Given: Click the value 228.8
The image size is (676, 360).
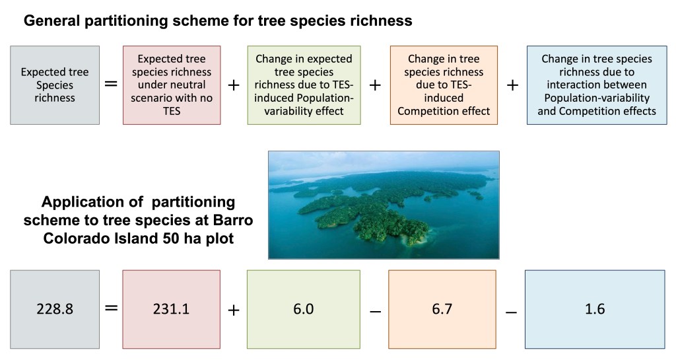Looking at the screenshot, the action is [x=55, y=309].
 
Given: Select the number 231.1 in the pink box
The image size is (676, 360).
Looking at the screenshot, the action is [x=171, y=309].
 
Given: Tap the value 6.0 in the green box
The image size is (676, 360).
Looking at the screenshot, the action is [x=304, y=309].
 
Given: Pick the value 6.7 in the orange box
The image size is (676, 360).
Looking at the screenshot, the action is [x=442, y=309].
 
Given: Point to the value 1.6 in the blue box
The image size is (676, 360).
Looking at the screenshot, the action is [x=595, y=309].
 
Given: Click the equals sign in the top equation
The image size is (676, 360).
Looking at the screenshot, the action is [x=111, y=84].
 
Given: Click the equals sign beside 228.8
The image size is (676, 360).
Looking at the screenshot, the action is [x=111, y=308].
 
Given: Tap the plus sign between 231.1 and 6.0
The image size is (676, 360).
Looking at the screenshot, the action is [x=233, y=310].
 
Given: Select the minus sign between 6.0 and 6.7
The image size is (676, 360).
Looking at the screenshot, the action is [x=375, y=311].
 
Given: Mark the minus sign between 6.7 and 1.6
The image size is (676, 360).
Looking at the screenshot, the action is [x=511, y=311].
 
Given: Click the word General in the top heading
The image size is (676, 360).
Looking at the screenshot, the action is [x=52, y=20].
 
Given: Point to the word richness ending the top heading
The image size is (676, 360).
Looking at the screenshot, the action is [x=381, y=20].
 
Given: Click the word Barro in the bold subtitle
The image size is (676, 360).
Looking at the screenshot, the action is [x=233, y=221].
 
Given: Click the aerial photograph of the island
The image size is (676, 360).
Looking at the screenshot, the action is [x=384, y=205].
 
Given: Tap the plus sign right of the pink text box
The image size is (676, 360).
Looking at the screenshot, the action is [x=233, y=85].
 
